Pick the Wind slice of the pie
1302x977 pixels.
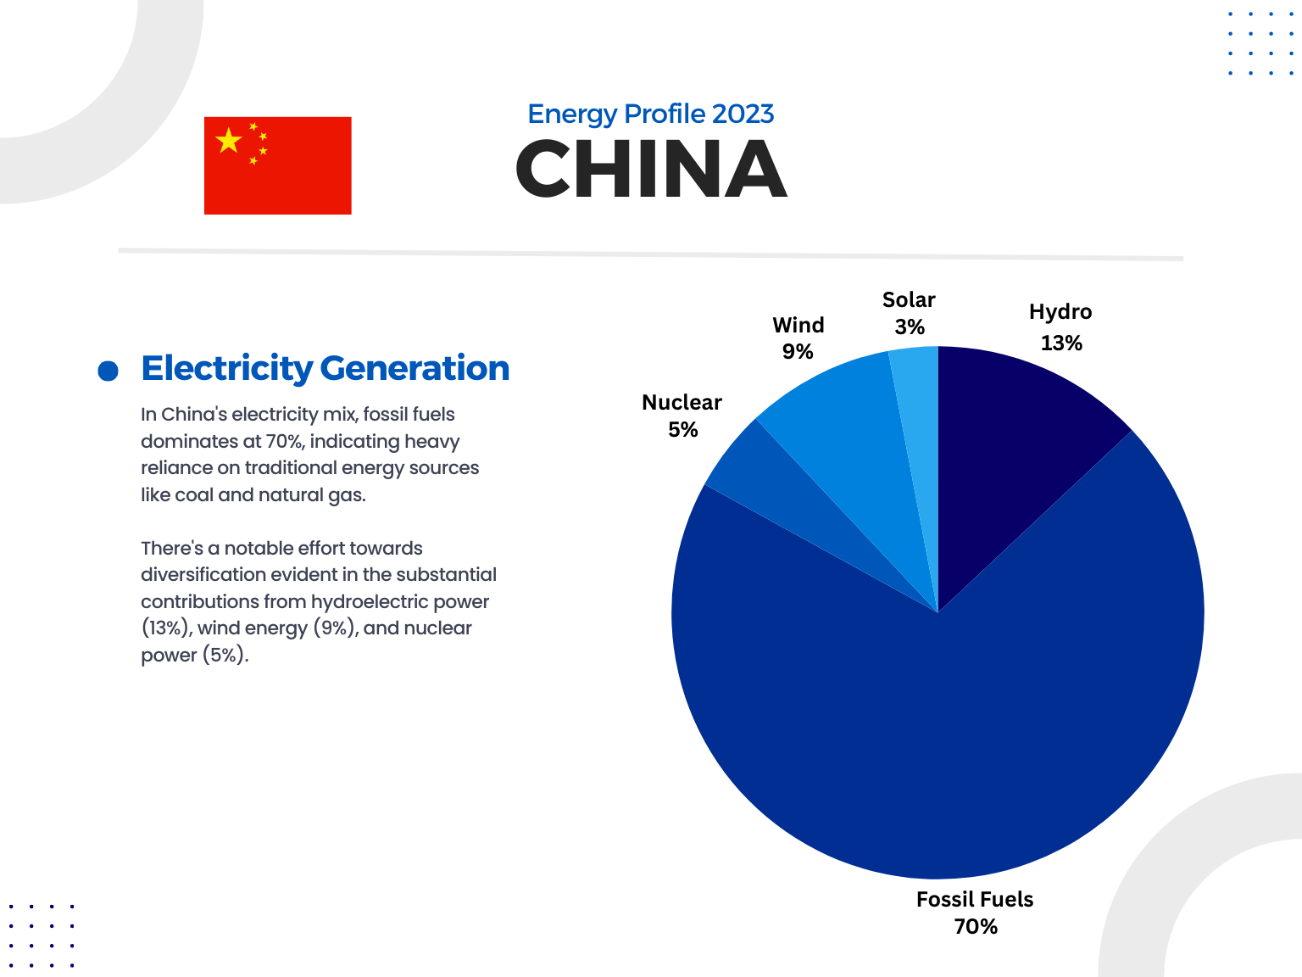(848, 441)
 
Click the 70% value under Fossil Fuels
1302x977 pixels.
(976, 927)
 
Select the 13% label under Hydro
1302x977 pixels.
(1061, 343)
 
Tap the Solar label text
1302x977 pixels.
(909, 300)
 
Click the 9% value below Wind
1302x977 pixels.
(798, 352)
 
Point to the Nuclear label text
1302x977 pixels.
(682, 403)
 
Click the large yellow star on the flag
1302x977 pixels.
(228, 141)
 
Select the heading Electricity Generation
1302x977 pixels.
(325, 368)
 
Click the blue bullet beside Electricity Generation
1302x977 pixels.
(108, 371)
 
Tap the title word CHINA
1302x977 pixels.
(651, 170)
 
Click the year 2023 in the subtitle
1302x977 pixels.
(743, 114)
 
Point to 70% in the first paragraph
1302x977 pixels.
(284, 442)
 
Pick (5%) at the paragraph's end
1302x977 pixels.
(225, 656)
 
